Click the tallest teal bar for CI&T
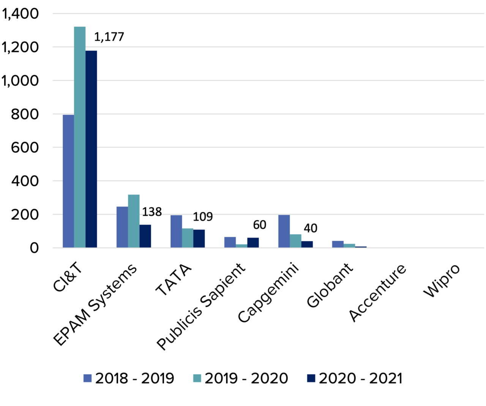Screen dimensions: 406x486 (x=80, y=137)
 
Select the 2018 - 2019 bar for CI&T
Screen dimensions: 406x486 (x=68, y=181)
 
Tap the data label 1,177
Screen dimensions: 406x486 (x=109, y=37)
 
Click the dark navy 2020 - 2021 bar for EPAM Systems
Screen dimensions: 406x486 (x=145, y=236)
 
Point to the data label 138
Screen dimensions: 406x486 (x=152, y=212)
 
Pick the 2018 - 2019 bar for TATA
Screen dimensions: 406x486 (x=176, y=231)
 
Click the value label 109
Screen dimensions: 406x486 (x=203, y=217)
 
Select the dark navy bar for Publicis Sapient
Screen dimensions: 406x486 (x=253, y=243)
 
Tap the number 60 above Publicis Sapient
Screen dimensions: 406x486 (x=259, y=225)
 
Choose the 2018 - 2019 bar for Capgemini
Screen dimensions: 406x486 (x=284, y=231)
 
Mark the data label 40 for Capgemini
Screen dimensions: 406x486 (x=310, y=228)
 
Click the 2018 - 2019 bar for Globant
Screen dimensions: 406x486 (x=338, y=244)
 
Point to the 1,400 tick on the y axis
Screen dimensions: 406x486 (x=21, y=14)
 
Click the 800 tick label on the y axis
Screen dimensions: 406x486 (x=25, y=114)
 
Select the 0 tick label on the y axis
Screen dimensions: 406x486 (x=34, y=248)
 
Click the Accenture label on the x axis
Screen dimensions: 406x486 (x=377, y=293)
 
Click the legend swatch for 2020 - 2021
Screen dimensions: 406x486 (x=311, y=378)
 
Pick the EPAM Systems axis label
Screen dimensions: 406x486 (x=95, y=304)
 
